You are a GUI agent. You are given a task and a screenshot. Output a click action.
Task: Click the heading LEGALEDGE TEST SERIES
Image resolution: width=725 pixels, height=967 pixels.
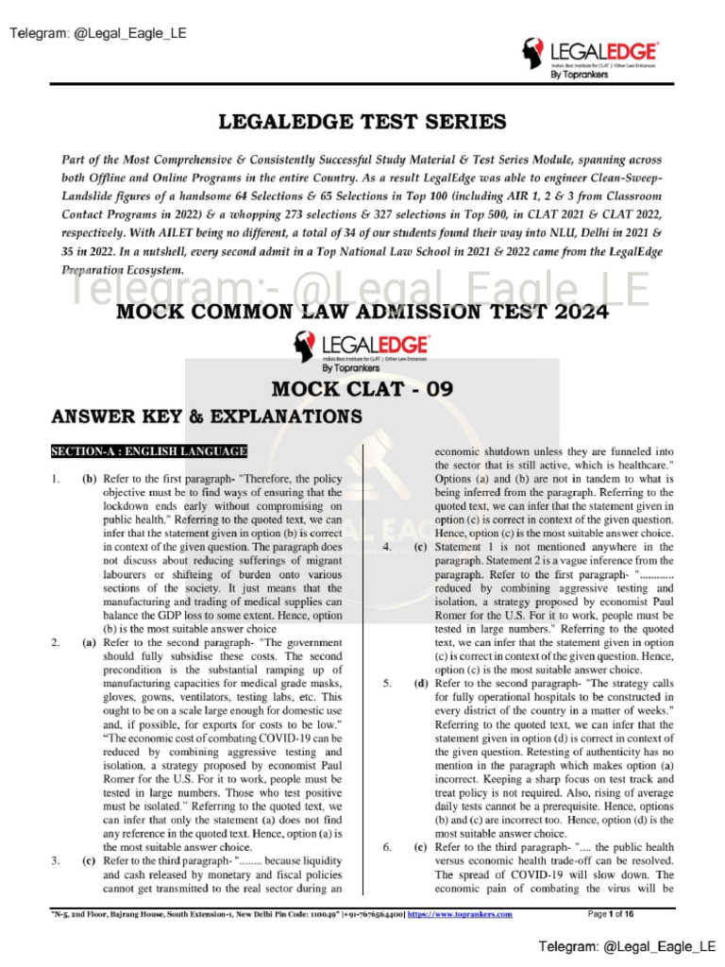click(362, 122)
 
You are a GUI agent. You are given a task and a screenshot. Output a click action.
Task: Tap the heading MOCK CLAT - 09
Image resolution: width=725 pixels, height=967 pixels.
click(362, 388)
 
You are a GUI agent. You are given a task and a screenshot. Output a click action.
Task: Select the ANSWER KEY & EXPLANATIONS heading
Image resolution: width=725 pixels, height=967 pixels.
click(207, 416)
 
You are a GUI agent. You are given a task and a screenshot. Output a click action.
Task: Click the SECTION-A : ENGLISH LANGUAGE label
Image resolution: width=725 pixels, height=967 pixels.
click(149, 451)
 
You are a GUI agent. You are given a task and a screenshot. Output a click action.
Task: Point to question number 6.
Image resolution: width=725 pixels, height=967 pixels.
click(387, 847)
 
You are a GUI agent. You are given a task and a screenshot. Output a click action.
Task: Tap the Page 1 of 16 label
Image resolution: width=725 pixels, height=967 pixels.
click(611, 914)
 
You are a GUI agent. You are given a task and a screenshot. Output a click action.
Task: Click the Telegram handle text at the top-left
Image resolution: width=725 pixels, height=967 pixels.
click(98, 34)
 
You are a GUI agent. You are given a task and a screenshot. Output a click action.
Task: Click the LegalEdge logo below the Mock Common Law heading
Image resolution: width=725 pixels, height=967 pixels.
click(362, 351)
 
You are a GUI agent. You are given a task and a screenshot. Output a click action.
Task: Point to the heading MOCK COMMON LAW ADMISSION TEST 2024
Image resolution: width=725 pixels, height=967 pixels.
click(362, 313)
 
